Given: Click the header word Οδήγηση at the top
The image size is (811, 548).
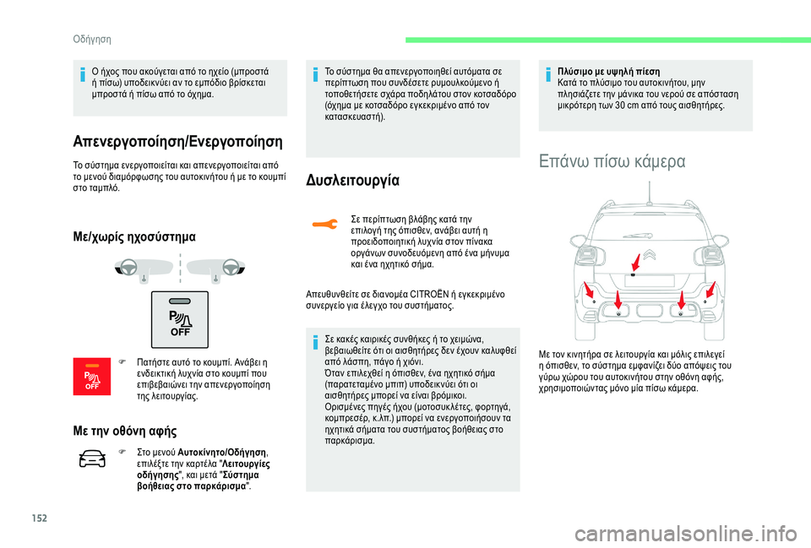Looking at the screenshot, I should click(92, 39).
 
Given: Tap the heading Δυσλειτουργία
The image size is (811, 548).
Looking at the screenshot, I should click(354, 180).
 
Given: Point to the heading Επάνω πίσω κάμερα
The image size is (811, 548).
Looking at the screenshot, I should click(612, 160).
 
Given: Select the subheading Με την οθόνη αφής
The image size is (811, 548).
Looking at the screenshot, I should click(122, 431).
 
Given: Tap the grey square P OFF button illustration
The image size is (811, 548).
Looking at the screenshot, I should click(179, 317).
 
